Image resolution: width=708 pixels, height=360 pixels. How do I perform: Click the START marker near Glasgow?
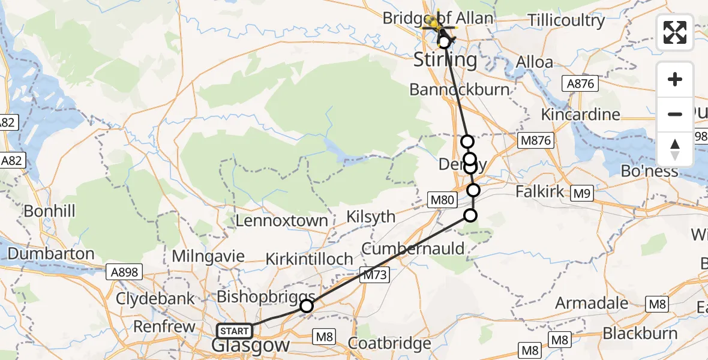234,331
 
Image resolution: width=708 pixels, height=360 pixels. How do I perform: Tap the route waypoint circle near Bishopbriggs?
307,306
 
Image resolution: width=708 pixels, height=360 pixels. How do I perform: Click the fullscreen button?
675,32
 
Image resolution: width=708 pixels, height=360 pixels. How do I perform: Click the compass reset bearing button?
675,149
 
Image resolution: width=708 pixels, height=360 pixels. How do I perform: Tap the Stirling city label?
446,59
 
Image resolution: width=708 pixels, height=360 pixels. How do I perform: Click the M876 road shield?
535,140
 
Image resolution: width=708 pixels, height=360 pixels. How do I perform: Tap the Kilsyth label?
372,216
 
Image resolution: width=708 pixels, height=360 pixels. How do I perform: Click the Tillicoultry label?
566,20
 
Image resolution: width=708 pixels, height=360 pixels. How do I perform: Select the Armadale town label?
592,302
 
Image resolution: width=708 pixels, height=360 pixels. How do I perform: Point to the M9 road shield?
581,193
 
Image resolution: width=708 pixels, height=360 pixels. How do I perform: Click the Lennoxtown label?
281,220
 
